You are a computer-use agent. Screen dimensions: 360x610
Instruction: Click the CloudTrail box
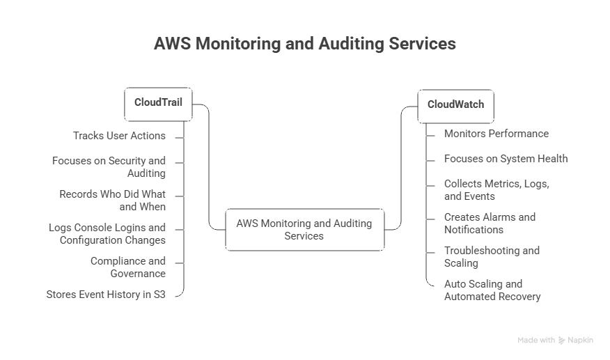(x=158, y=102)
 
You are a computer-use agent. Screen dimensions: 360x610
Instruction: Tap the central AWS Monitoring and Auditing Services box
(x=304, y=230)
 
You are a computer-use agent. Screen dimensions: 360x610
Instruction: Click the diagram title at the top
(x=305, y=44)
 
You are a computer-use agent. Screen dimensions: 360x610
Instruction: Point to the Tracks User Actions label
(x=119, y=135)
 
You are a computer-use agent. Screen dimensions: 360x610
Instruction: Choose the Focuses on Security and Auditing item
(x=109, y=166)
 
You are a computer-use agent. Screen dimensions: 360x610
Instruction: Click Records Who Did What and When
(x=113, y=200)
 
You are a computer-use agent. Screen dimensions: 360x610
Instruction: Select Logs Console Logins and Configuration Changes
(x=107, y=233)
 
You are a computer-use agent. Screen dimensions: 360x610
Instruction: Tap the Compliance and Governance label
(x=128, y=267)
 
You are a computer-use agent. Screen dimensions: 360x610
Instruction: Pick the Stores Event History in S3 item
(x=107, y=294)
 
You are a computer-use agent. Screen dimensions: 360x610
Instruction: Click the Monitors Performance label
(x=496, y=133)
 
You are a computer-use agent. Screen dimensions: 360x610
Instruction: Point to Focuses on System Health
(x=506, y=158)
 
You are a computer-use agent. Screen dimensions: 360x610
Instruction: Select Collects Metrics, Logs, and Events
(x=497, y=190)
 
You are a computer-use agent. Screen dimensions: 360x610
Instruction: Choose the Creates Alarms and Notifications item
(x=490, y=223)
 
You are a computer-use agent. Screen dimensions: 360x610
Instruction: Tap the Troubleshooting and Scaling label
(x=492, y=256)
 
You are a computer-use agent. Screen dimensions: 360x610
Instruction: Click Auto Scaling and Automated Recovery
(x=492, y=290)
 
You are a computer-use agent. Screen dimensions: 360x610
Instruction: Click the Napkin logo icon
(x=561, y=341)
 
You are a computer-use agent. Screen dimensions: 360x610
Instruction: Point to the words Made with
(x=535, y=341)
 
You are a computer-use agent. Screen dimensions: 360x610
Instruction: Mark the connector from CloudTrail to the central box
(x=209, y=167)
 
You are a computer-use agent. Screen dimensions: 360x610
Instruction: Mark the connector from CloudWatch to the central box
(x=401, y=167)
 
